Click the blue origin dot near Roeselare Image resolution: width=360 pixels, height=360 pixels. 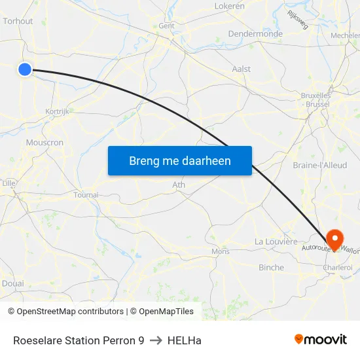pyautogui.click(x=25, y=69)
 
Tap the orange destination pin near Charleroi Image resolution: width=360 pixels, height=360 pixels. pyautogui.click(x=335, y=238)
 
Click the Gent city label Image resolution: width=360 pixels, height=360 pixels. pyautogui.click(x=166, y=26)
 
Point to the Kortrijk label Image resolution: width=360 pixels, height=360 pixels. pyautogui.click(x=58, y=112)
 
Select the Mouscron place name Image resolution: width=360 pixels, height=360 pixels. pyautogui.click(x=45, y=143)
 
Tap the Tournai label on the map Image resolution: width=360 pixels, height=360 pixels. pyautogui.click(x=86, y=195)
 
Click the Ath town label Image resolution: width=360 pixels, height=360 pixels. pyautogui.click(x=178, y=185)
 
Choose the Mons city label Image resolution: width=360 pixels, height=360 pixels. pyautogui.click(x=221, y=251)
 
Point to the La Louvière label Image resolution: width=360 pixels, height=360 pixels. pyautogui.click(x=276, y=242)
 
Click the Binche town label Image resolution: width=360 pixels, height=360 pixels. pyautogui.click(x=271, y=268)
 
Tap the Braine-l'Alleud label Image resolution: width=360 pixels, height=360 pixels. pyautogui.click(x=320, y=166)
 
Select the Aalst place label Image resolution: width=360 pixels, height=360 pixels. pyautogui.click(x=242, y=69)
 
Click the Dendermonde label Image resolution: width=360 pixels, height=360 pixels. pyautogui.click(x=255, y=34)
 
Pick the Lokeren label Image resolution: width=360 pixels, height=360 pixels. pyautogui.click(x=229, y=6)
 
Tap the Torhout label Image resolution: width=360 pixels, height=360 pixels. pyautogui.click(x=17, y=21)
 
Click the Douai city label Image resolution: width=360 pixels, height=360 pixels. pyautogui.click(x=12, y=283)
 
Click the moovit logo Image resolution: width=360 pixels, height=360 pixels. pyautogui.click(x=320, y=340)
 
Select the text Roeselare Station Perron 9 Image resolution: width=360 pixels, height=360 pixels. pyautogui.click(x=79, y=340)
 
